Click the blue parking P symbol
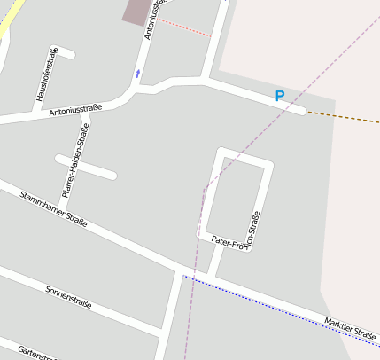(x=280, y=96)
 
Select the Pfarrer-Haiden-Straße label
(x=75, y=160)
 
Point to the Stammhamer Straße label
(x=53, y=209)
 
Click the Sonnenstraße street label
(x=69, y=298)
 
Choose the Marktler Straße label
(x=350, y=329)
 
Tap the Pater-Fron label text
(x=229, y=242)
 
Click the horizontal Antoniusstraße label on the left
(x=75, y=110)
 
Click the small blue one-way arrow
(x=137, y=73)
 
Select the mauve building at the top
(x=136, y=11)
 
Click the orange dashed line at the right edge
(x=345, y=116)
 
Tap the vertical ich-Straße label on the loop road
(x=255, y=229)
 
